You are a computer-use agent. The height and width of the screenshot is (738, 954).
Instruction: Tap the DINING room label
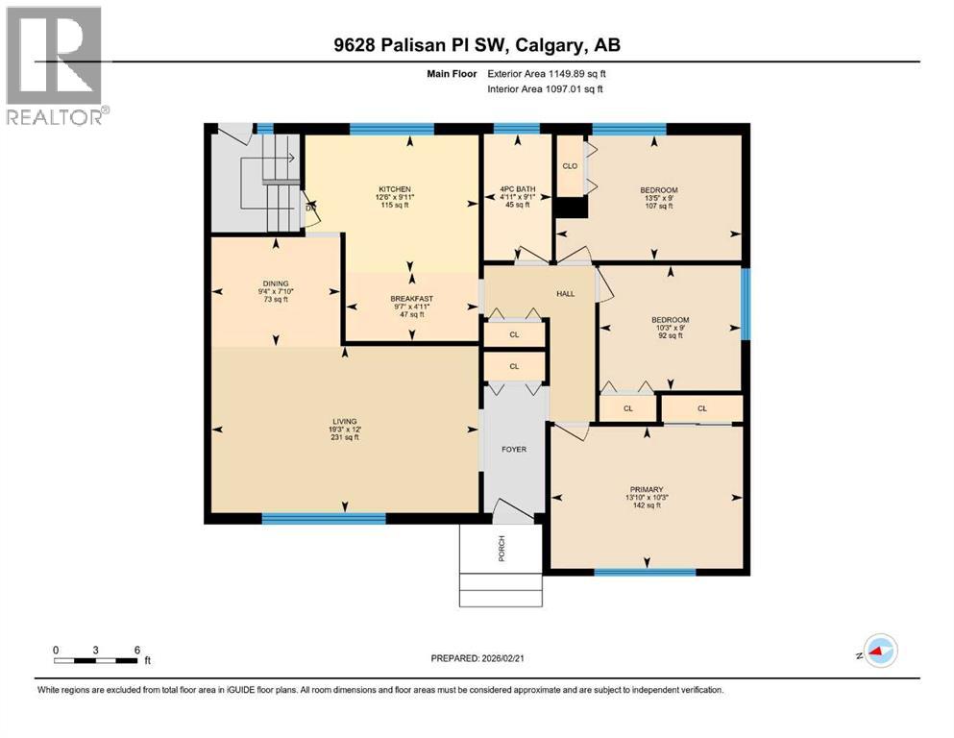[x=275, y=283]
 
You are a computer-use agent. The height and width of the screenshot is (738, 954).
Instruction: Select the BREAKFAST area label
[x=411, y=299]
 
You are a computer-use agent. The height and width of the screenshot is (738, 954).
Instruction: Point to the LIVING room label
[x=344, y=421]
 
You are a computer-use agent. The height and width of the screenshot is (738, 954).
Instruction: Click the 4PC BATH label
[x=518, y=189]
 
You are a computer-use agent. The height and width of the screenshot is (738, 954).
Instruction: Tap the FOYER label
[x=514, y=449]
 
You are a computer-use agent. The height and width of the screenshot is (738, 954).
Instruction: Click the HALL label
[x=566, y=293]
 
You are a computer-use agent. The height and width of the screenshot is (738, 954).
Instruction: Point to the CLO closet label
[x=569, y=166]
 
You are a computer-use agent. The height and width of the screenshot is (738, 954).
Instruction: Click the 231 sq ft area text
[x=344, y=437]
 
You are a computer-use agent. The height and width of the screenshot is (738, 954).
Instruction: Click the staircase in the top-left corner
[x=257, y=183]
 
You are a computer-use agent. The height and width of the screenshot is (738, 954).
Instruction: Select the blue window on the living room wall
[x=324, y=519]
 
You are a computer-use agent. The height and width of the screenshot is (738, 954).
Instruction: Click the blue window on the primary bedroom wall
[x=644, y=573]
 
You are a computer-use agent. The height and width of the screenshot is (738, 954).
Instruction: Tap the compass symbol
[x=879, y=652]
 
